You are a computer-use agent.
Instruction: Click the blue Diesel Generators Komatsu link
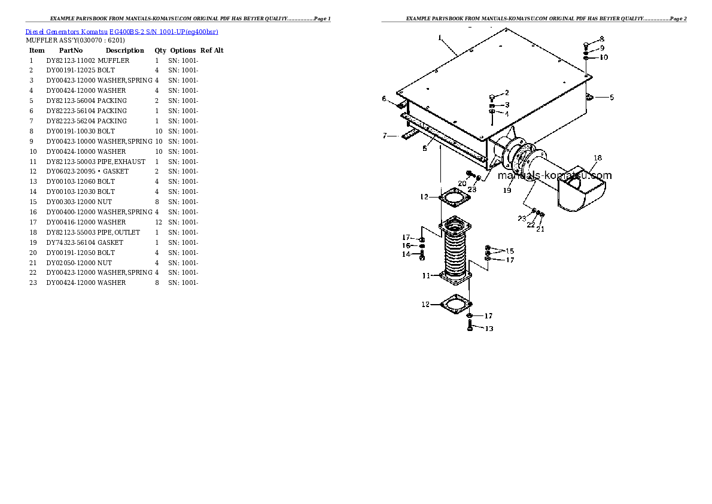121,31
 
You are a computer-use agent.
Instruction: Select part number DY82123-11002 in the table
71,60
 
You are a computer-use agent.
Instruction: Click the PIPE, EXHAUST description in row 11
121,162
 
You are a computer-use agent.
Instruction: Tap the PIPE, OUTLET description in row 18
119,232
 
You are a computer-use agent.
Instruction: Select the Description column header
125,51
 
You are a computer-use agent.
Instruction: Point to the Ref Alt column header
212,51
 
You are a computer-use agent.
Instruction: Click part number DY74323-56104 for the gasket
71,242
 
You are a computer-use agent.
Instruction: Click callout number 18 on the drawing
597,158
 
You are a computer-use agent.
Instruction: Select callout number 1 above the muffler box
440,38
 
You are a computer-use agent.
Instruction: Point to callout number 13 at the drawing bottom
489,329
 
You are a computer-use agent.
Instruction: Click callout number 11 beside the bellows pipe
425,276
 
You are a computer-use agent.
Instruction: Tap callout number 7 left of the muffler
385,136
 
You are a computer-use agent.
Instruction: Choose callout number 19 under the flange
507,190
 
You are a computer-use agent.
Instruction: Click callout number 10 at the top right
604,57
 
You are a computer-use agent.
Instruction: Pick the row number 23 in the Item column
33,283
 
